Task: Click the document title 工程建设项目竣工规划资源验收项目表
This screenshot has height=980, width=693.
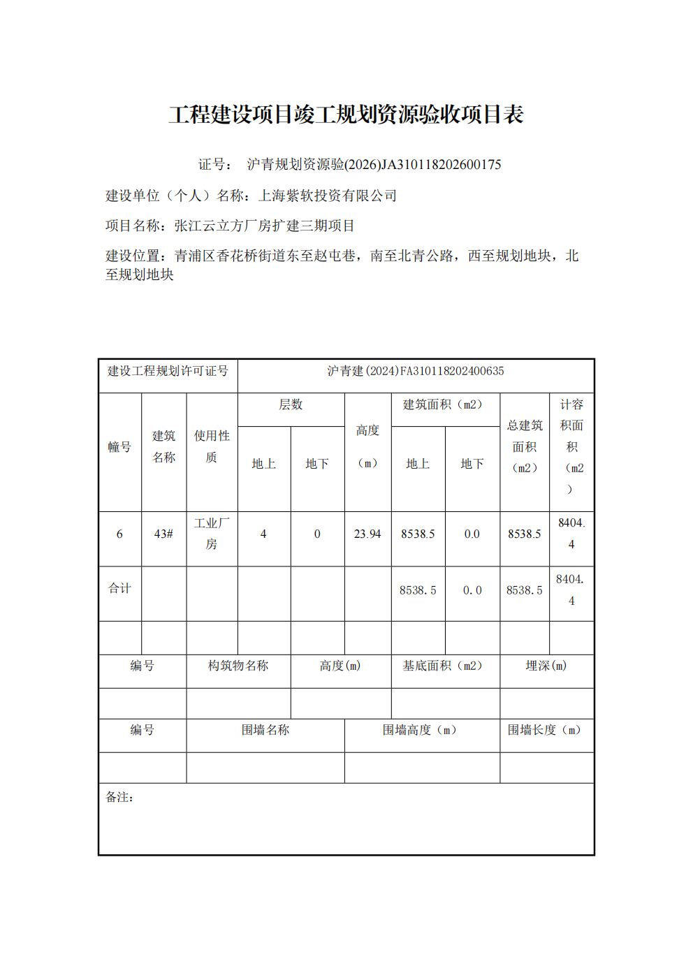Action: click(346, 115)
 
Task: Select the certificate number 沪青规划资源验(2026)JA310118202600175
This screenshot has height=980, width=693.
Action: click(374, 164)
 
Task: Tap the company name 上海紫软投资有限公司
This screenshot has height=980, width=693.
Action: click(328, 196)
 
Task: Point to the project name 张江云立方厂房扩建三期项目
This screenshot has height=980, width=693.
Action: click(264, 226)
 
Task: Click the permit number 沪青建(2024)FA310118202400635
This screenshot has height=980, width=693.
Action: click(416, 371)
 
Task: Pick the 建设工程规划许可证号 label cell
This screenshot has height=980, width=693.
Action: click(168, 371)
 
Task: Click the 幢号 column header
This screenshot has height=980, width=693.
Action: click(119, 447)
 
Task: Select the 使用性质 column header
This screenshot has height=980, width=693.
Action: click(212, 446)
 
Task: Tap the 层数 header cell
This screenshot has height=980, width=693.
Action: click(291, 404)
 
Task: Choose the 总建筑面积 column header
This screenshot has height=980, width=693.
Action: click(525, 446)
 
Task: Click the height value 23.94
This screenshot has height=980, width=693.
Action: click(367, 534)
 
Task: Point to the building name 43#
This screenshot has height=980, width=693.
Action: click(163, 534)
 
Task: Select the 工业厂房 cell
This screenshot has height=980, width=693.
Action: click(212, 533)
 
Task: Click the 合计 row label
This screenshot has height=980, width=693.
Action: click(119, 588)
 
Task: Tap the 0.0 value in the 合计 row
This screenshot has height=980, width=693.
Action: click(472, 590)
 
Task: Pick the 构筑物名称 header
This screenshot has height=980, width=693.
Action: click(238, 666)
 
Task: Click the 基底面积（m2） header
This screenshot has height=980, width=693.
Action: click(442, 666)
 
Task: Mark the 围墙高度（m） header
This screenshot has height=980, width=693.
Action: click(419, 730)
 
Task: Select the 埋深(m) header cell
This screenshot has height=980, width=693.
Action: click(546, 666)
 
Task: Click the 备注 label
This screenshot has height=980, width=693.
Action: click(119, 797)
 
